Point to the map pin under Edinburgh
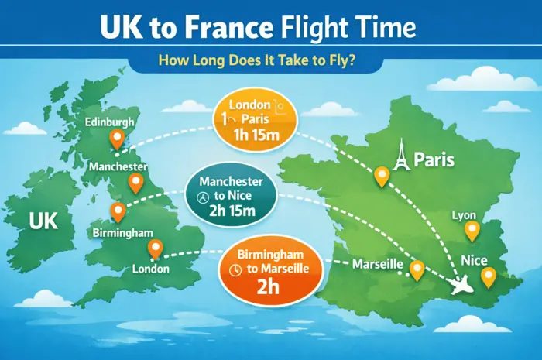click(x=118, y=140)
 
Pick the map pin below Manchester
click(x=136, y=183)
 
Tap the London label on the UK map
click(x=151, y=269)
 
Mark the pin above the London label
click(x=155, y=249)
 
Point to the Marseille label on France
click(x=377, y=264)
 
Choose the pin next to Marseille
click(x=417, y=269)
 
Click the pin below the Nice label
click(x=487, y=276)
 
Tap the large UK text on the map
click(x=43, y=222)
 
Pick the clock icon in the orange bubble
click(x=237, y=269)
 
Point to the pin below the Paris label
click(x=381, y=177)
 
